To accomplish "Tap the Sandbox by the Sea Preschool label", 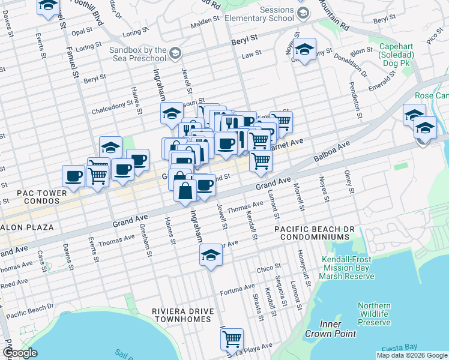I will coord(138,55).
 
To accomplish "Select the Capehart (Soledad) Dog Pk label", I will coord(412,52).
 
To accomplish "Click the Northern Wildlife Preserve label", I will coord(374,314).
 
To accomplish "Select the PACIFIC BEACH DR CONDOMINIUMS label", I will coord(315,234).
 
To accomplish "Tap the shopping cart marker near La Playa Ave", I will coord(232,339).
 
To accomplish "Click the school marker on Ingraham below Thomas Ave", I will coord(211,254).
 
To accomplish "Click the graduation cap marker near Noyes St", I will coord(305,50).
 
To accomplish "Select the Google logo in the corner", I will coord(20,353).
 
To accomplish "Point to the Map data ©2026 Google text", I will coord(412,355).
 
